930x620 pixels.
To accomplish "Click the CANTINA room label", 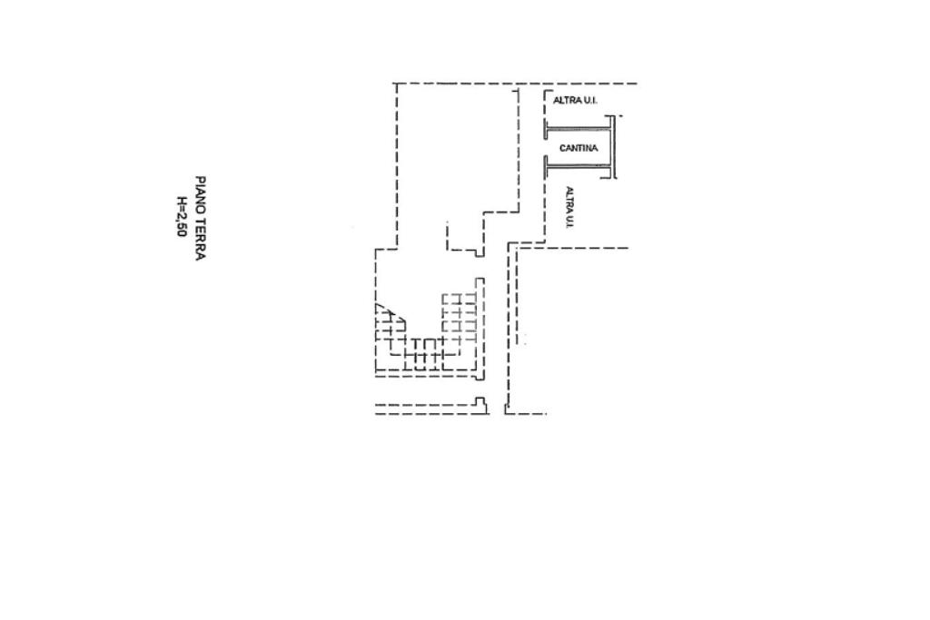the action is (x=579, y=148).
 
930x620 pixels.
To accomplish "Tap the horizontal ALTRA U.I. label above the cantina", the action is (x=574, y=100).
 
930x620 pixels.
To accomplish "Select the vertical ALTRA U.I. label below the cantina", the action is (x=569, y=207).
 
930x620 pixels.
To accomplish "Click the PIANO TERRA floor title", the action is (x=200, y=218).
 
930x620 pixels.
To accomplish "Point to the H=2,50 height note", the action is (x=182, y=218).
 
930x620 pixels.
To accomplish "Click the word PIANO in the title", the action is (x=200, y=192).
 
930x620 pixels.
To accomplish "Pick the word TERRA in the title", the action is (x=200, y=238).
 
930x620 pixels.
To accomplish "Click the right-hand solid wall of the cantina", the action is (x=614, y=147).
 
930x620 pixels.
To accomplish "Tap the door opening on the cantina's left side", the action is (x=546, y=147).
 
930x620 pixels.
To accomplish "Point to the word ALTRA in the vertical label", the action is (x=569, y=198).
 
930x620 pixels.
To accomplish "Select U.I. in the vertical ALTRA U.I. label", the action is (x=569, y=221).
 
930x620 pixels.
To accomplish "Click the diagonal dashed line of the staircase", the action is (x=391, y=317).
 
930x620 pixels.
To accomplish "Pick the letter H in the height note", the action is (x=182, y=202).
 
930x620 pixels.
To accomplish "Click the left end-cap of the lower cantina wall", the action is (x=546, y=166).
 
